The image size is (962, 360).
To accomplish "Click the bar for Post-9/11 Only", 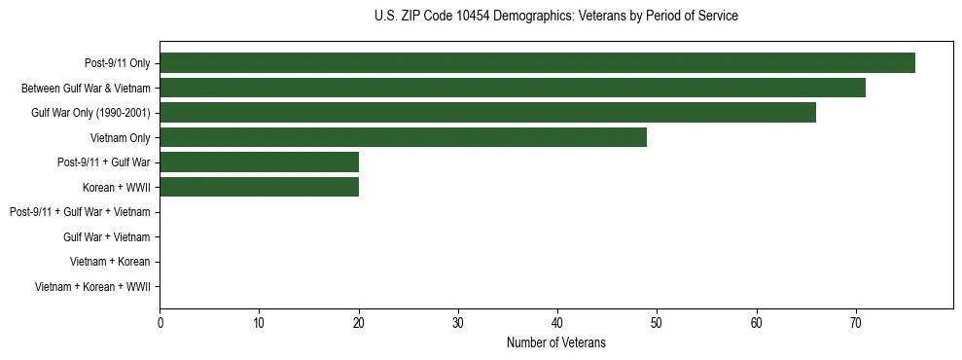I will (x=537, y=63).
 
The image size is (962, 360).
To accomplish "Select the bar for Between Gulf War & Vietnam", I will (x=513, y=88).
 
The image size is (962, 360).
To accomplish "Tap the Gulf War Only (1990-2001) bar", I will (x=487, y=113).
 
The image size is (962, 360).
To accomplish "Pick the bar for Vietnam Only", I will (x=403, y=137).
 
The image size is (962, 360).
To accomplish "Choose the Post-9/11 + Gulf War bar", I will (x=260, y=162).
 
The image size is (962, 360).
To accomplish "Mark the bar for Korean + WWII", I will (x=260, y=187).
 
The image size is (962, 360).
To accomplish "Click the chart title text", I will (x=555, y=17).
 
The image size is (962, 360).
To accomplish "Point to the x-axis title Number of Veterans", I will (x=555, y=342).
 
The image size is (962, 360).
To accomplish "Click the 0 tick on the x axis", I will (x=160, y=323).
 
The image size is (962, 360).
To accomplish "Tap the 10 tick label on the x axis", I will (x=260, y=323).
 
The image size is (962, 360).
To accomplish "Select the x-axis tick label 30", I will (x=458, y=323).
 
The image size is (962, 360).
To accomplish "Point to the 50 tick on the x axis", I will (x=657, y=323).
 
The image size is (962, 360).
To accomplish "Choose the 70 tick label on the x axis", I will (x=855, y=323).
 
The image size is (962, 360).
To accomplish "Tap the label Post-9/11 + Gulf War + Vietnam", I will (x=80, y=212).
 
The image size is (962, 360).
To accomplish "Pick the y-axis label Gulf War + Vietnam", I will (x=106, y=237).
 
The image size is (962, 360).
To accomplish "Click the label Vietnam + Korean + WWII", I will (x=92, y=287).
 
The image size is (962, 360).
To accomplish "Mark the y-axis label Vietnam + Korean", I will (x=110, y=262).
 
